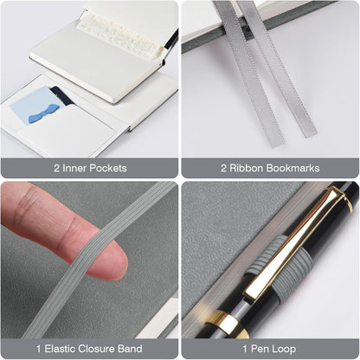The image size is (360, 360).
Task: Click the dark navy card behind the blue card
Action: click(x=62, y=96)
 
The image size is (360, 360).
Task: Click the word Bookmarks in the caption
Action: click(x=292, y=168)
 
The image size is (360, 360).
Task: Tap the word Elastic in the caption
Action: click(x=60, y=349)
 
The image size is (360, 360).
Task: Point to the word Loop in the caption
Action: click(x=284, y=349)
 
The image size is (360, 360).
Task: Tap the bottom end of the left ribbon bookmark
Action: click(x=276, y=145)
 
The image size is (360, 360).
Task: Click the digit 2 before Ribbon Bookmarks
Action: click(x=223, y=168)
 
